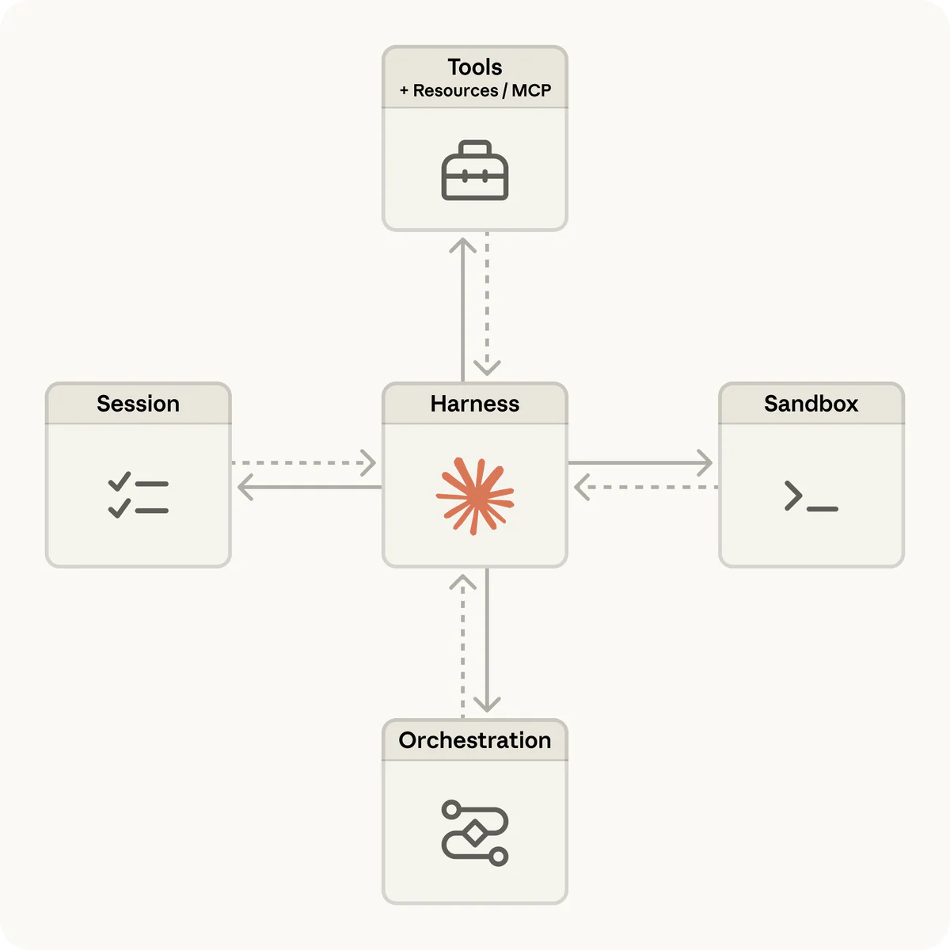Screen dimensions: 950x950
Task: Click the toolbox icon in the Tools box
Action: [475, 170]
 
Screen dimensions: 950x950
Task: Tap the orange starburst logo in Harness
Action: [475, 495]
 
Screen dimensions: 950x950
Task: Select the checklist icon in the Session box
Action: [139, 496]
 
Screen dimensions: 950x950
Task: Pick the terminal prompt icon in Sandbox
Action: [811, 496]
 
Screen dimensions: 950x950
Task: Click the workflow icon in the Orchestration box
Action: [475, 833]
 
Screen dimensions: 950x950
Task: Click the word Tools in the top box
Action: [475, 67]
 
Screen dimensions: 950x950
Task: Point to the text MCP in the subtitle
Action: [531, 90]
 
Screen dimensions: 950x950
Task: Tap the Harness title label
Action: [475, 404]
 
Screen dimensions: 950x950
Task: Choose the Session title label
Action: [139, 404]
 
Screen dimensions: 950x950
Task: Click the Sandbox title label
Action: [811, 404]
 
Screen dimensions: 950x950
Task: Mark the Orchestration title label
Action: [475, 740]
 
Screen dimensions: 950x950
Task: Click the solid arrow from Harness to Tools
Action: [463, 309]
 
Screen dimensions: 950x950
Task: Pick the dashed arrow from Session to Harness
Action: [305, 462]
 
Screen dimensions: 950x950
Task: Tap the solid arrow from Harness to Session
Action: [309, 487]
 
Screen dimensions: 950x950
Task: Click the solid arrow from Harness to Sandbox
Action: [641, 462]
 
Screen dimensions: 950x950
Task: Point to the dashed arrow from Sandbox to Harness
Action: [645, 487]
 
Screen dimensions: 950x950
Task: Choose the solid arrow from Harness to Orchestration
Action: [487, 641]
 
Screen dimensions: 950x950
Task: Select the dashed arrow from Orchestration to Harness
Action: [463, 645]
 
